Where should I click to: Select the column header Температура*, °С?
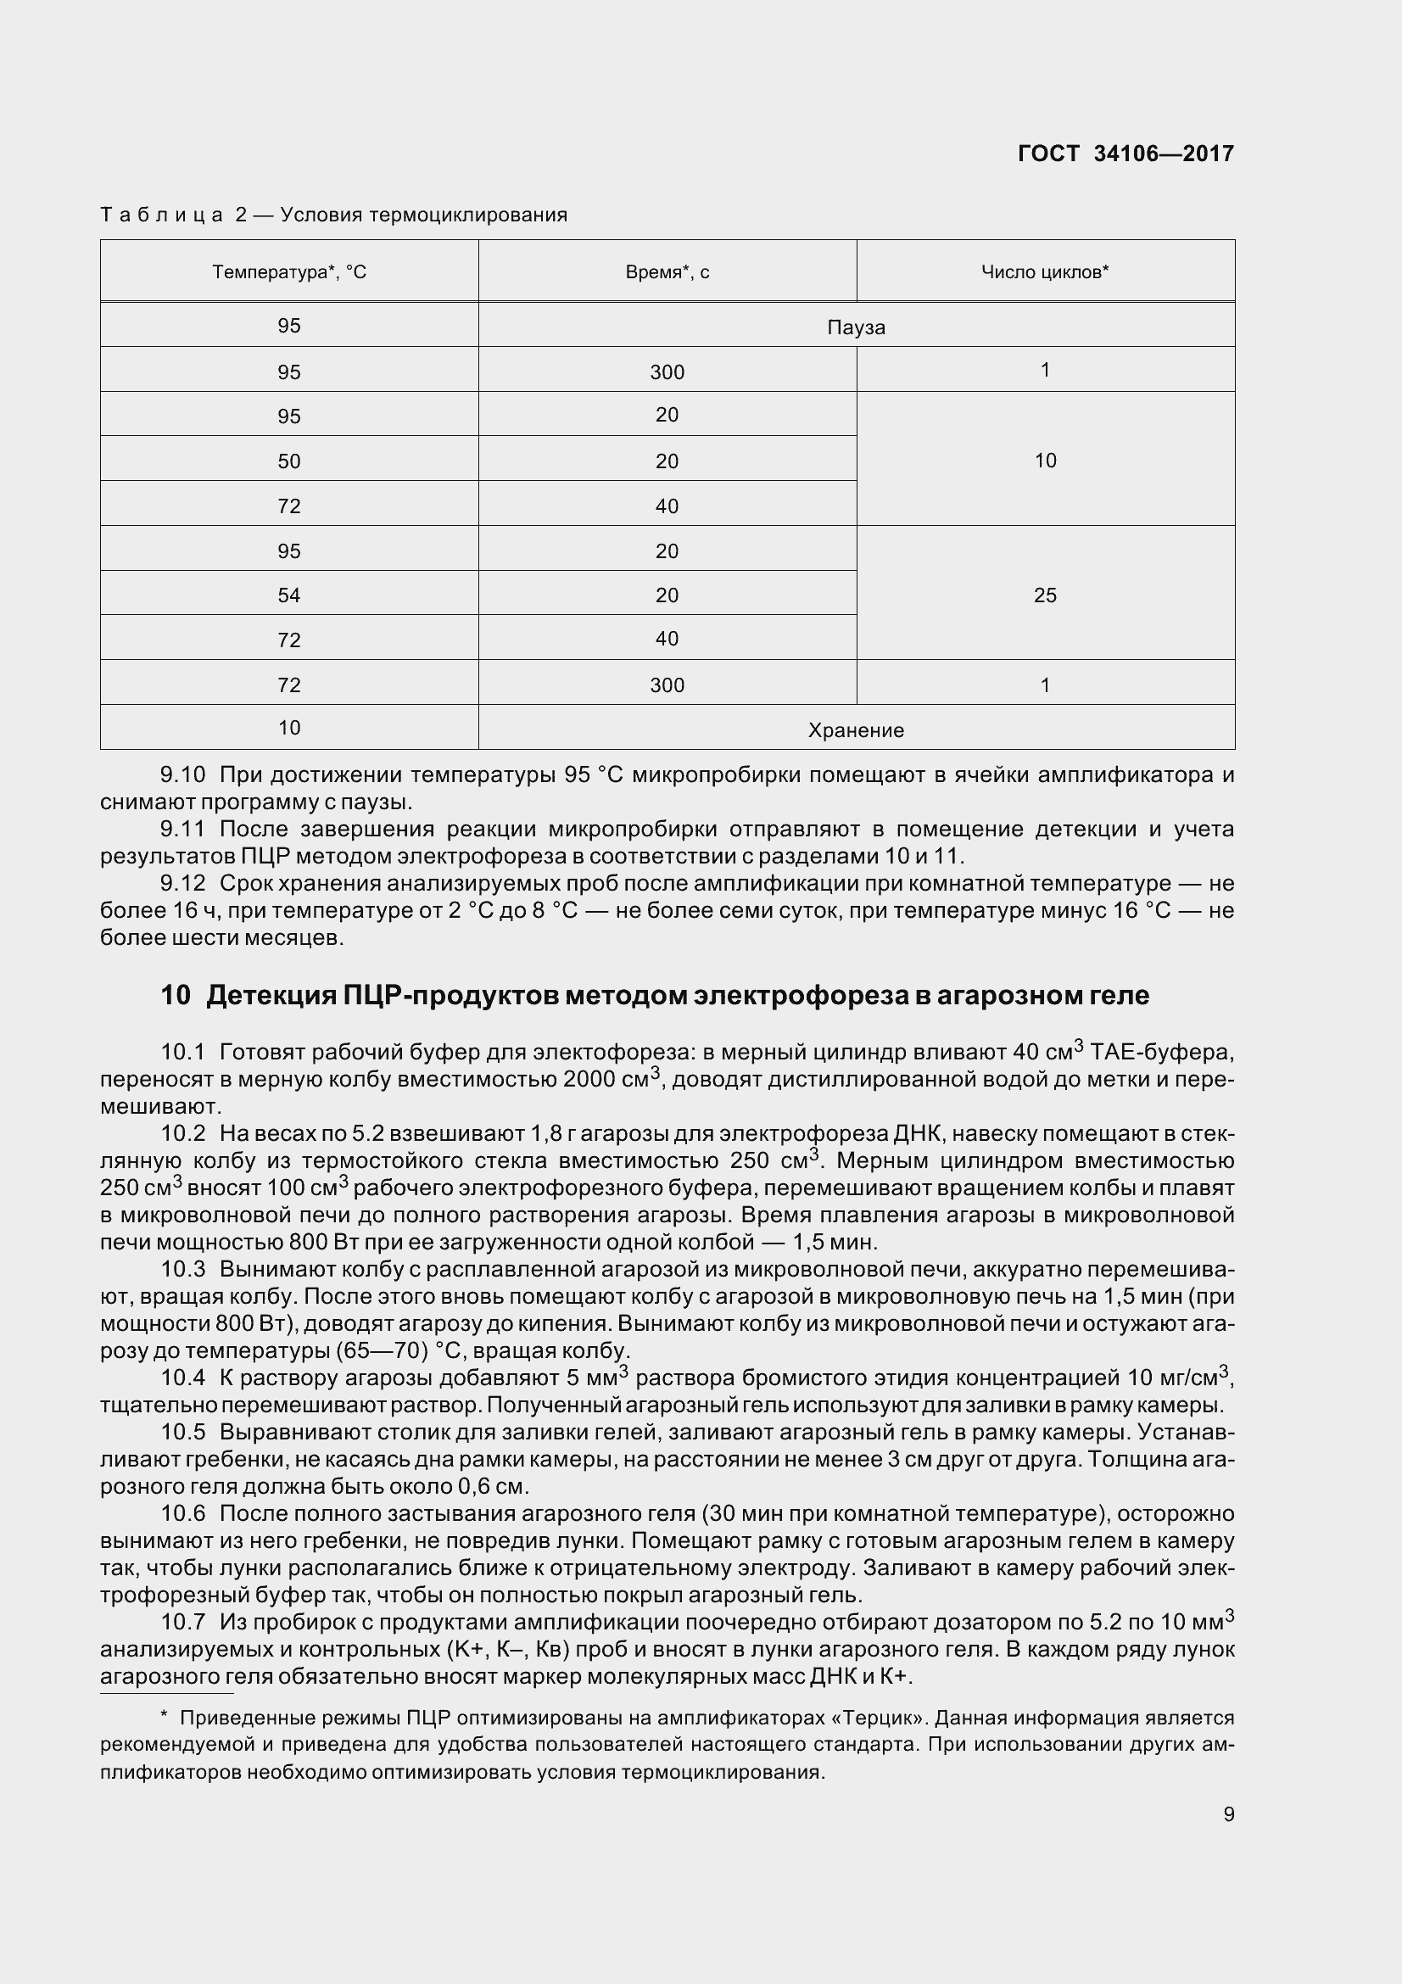tap(289, 272)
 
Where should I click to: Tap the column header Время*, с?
tap(667, 272)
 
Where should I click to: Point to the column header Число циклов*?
tap(1044, 272)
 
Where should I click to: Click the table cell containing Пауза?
tap(855, 327)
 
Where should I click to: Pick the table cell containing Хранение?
tap(855, 730)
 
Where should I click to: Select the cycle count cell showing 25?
tap(1044, 595)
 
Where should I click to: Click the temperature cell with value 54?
tap(289, 595)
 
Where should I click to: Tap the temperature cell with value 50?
tap(289, 461)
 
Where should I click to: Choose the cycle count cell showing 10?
tap(1044, 461)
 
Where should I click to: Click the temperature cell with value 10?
tap(289, 728)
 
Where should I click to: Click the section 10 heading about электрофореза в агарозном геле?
tap(654, 996)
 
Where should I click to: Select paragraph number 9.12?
tap(183, 883)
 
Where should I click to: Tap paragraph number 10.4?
tap(183, 1378)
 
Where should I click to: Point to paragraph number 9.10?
tap(183, 775)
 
